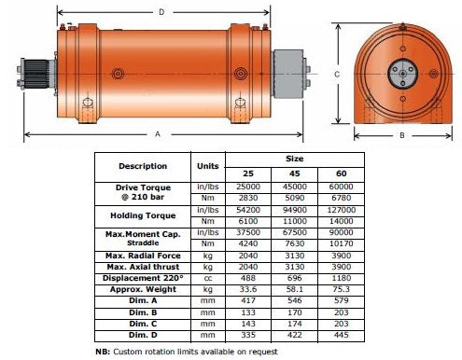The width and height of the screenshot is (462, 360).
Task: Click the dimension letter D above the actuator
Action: (x=161, y=12)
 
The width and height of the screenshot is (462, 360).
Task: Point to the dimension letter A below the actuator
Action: (x=158, y=134)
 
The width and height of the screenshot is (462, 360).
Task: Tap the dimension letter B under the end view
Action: (x=402, y=135)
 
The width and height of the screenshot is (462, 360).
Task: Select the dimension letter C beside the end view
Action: (x=337, y=75)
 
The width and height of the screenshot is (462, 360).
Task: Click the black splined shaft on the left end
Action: (x=36, y=74)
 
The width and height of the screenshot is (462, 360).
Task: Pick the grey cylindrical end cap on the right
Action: (x=288, y=75)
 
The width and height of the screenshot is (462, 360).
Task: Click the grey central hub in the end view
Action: (x=402, y=74)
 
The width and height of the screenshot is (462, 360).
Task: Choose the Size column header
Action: (x=294, y=159)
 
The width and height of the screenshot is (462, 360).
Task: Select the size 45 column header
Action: (x=294, y=173)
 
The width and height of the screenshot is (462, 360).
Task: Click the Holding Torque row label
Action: (x=143, y=215)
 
